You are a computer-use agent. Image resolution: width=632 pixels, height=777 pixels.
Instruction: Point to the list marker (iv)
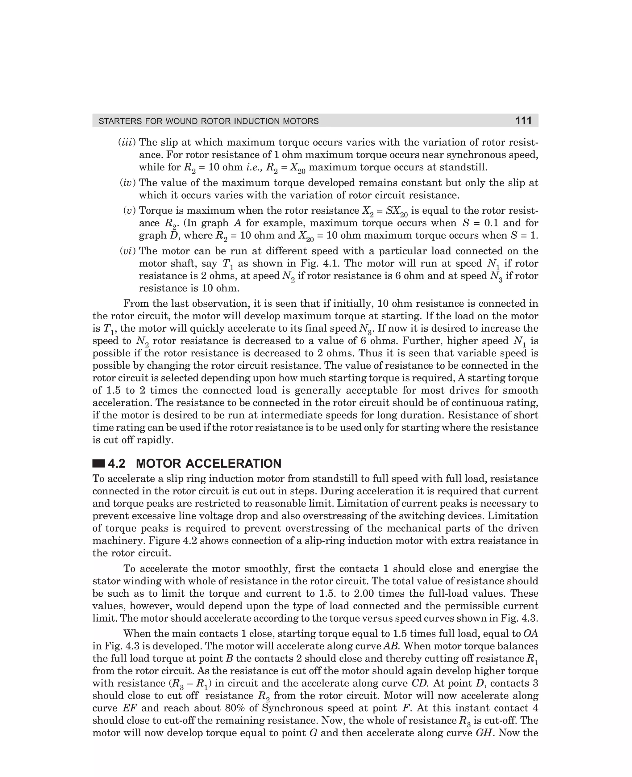127,183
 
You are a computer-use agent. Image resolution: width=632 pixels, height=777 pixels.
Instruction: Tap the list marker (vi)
127,251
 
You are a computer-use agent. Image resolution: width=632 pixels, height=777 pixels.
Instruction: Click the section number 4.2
117,464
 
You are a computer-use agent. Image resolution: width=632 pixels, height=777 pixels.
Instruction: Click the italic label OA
530,634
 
